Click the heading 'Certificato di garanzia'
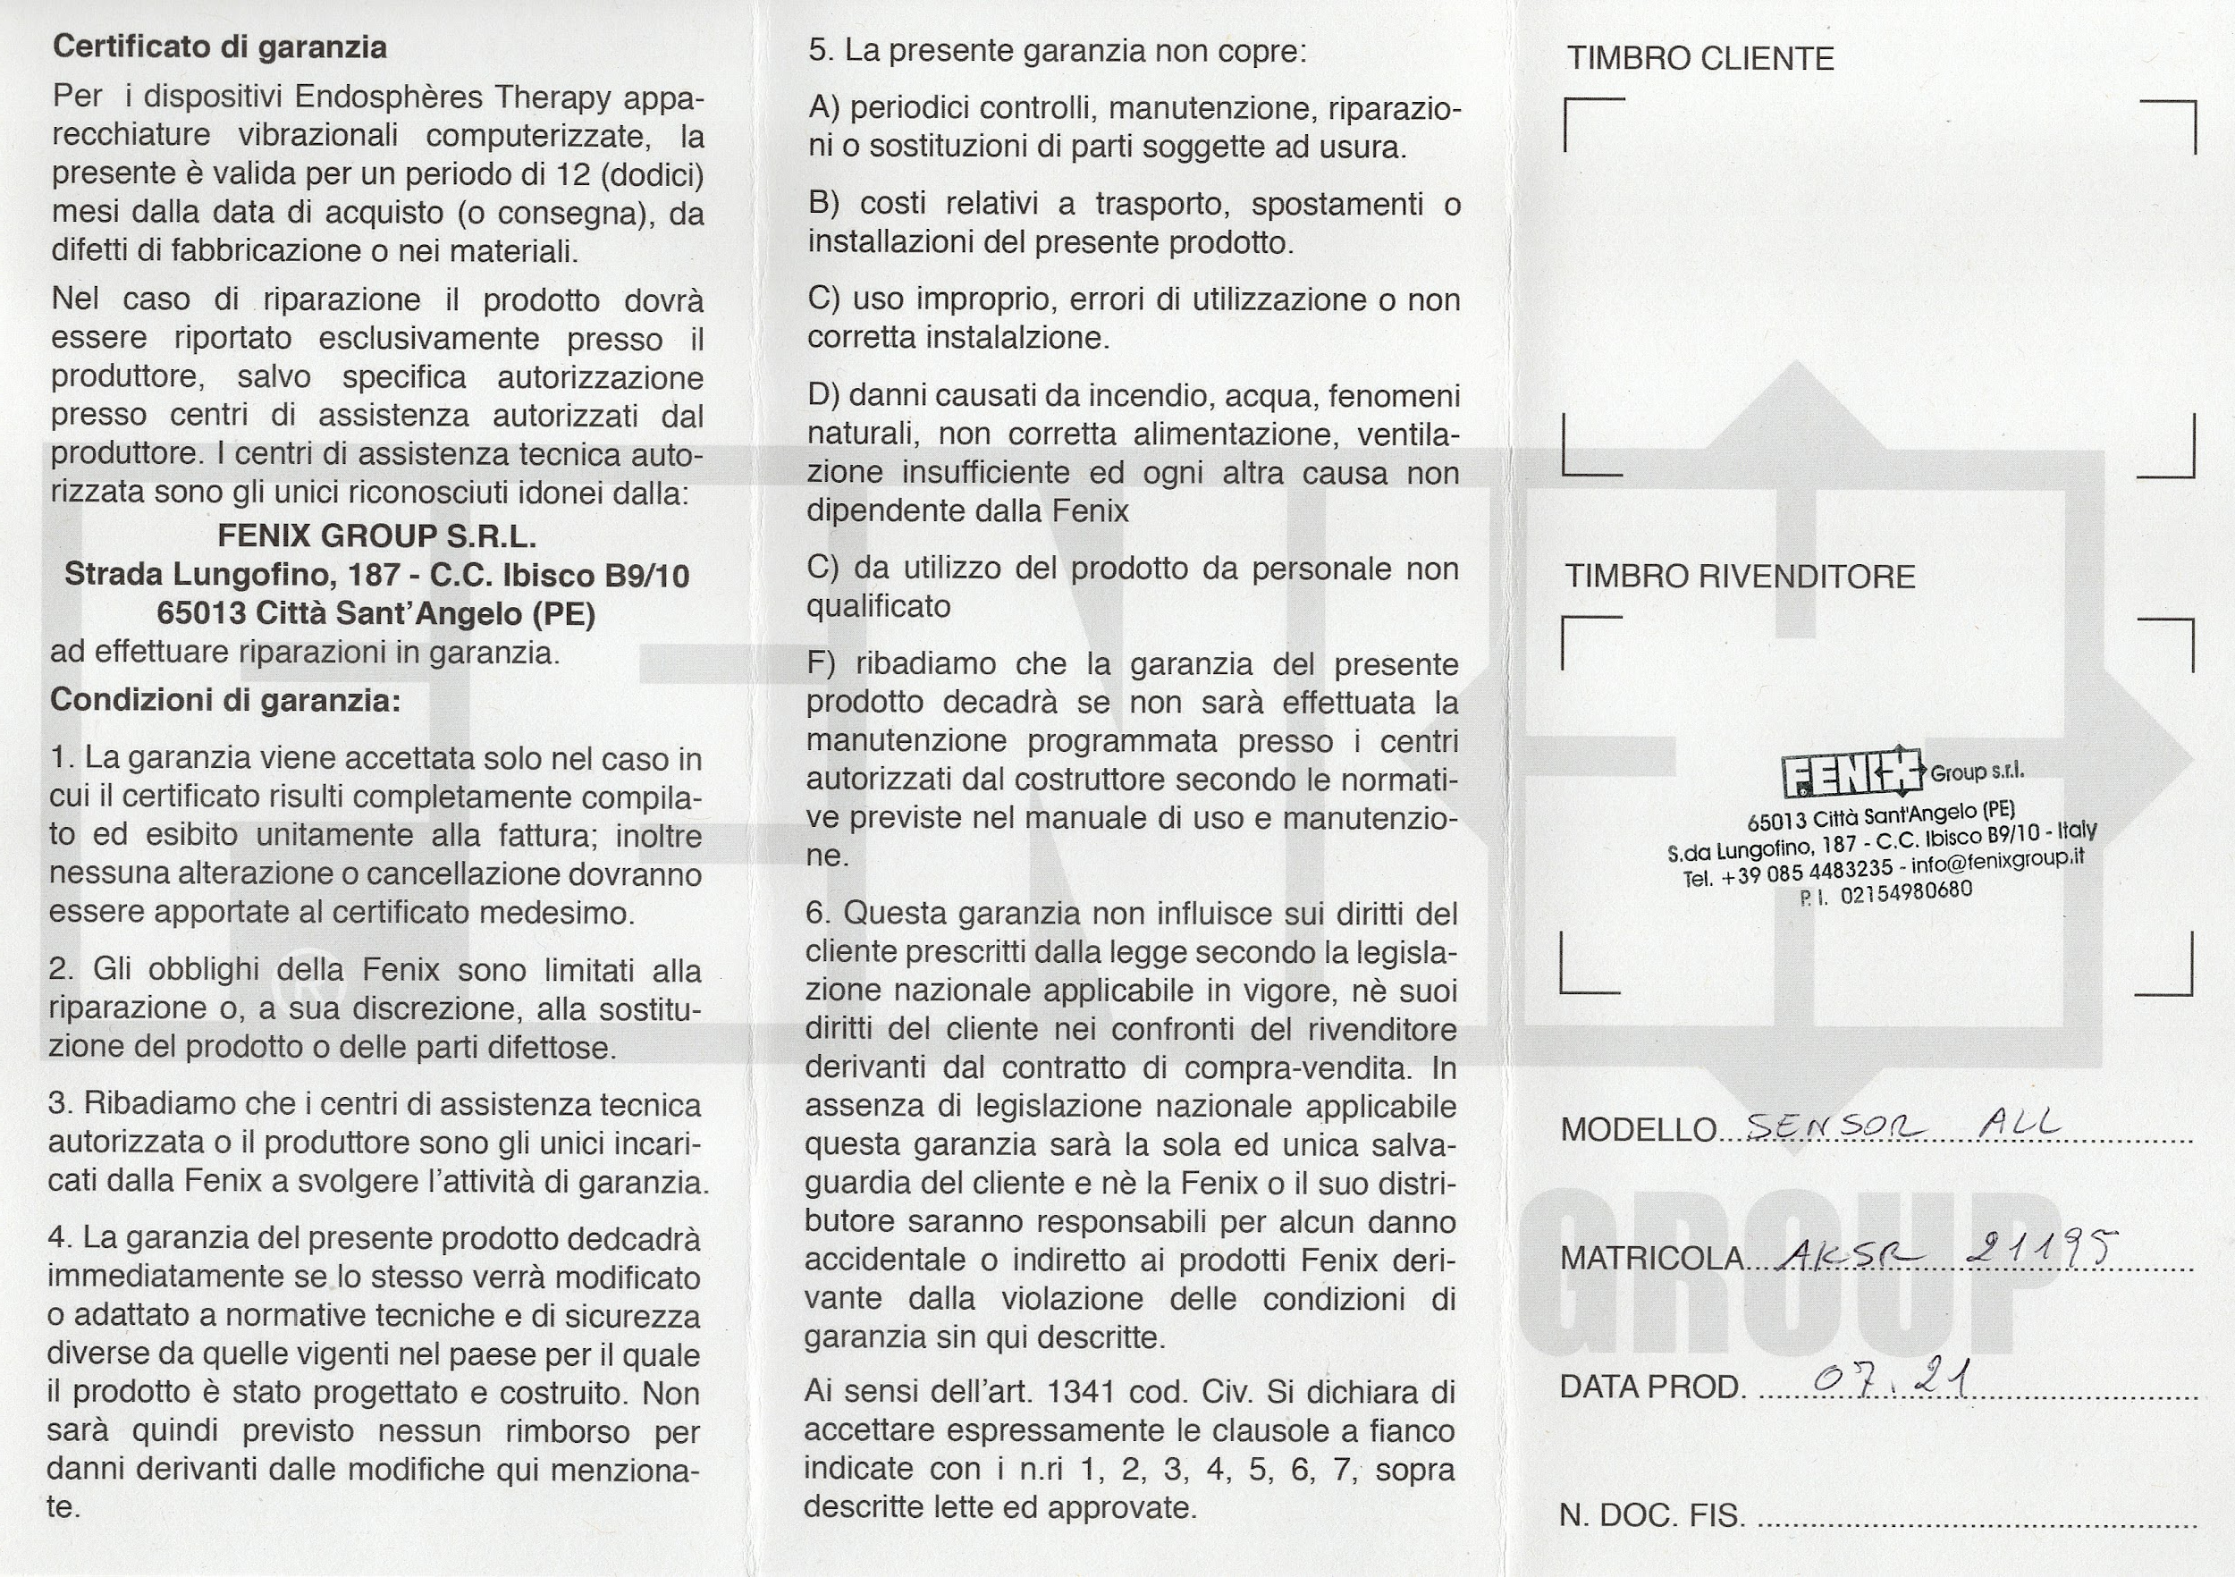[x=219, y=46]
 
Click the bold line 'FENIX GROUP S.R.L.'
[x=375, y=536]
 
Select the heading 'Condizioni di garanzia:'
[x=225, y=700]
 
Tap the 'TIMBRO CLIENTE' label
[x=1699, y=58]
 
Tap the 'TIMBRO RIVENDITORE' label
[x=1740, y=577]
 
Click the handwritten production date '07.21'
[x=1893, y=1379]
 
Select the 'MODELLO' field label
[x=1639, y=1129]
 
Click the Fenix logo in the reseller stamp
[x=1852, y=774]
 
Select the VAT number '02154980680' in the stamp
[x=1906, y=891]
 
